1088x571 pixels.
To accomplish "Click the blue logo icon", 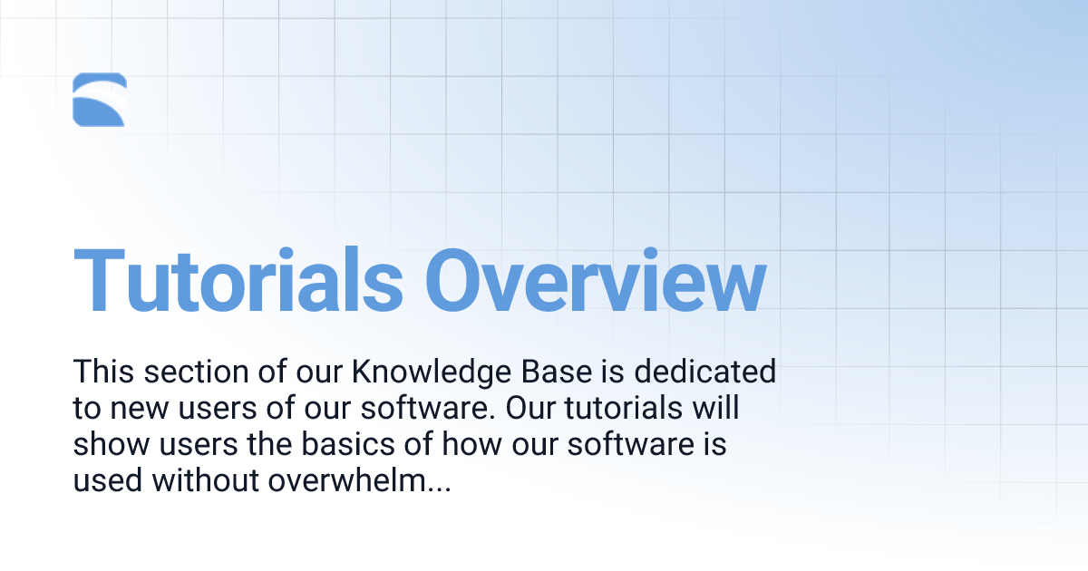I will point(99,100).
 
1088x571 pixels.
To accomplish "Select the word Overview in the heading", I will point(596,280).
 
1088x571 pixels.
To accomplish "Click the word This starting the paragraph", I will point(103,373).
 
